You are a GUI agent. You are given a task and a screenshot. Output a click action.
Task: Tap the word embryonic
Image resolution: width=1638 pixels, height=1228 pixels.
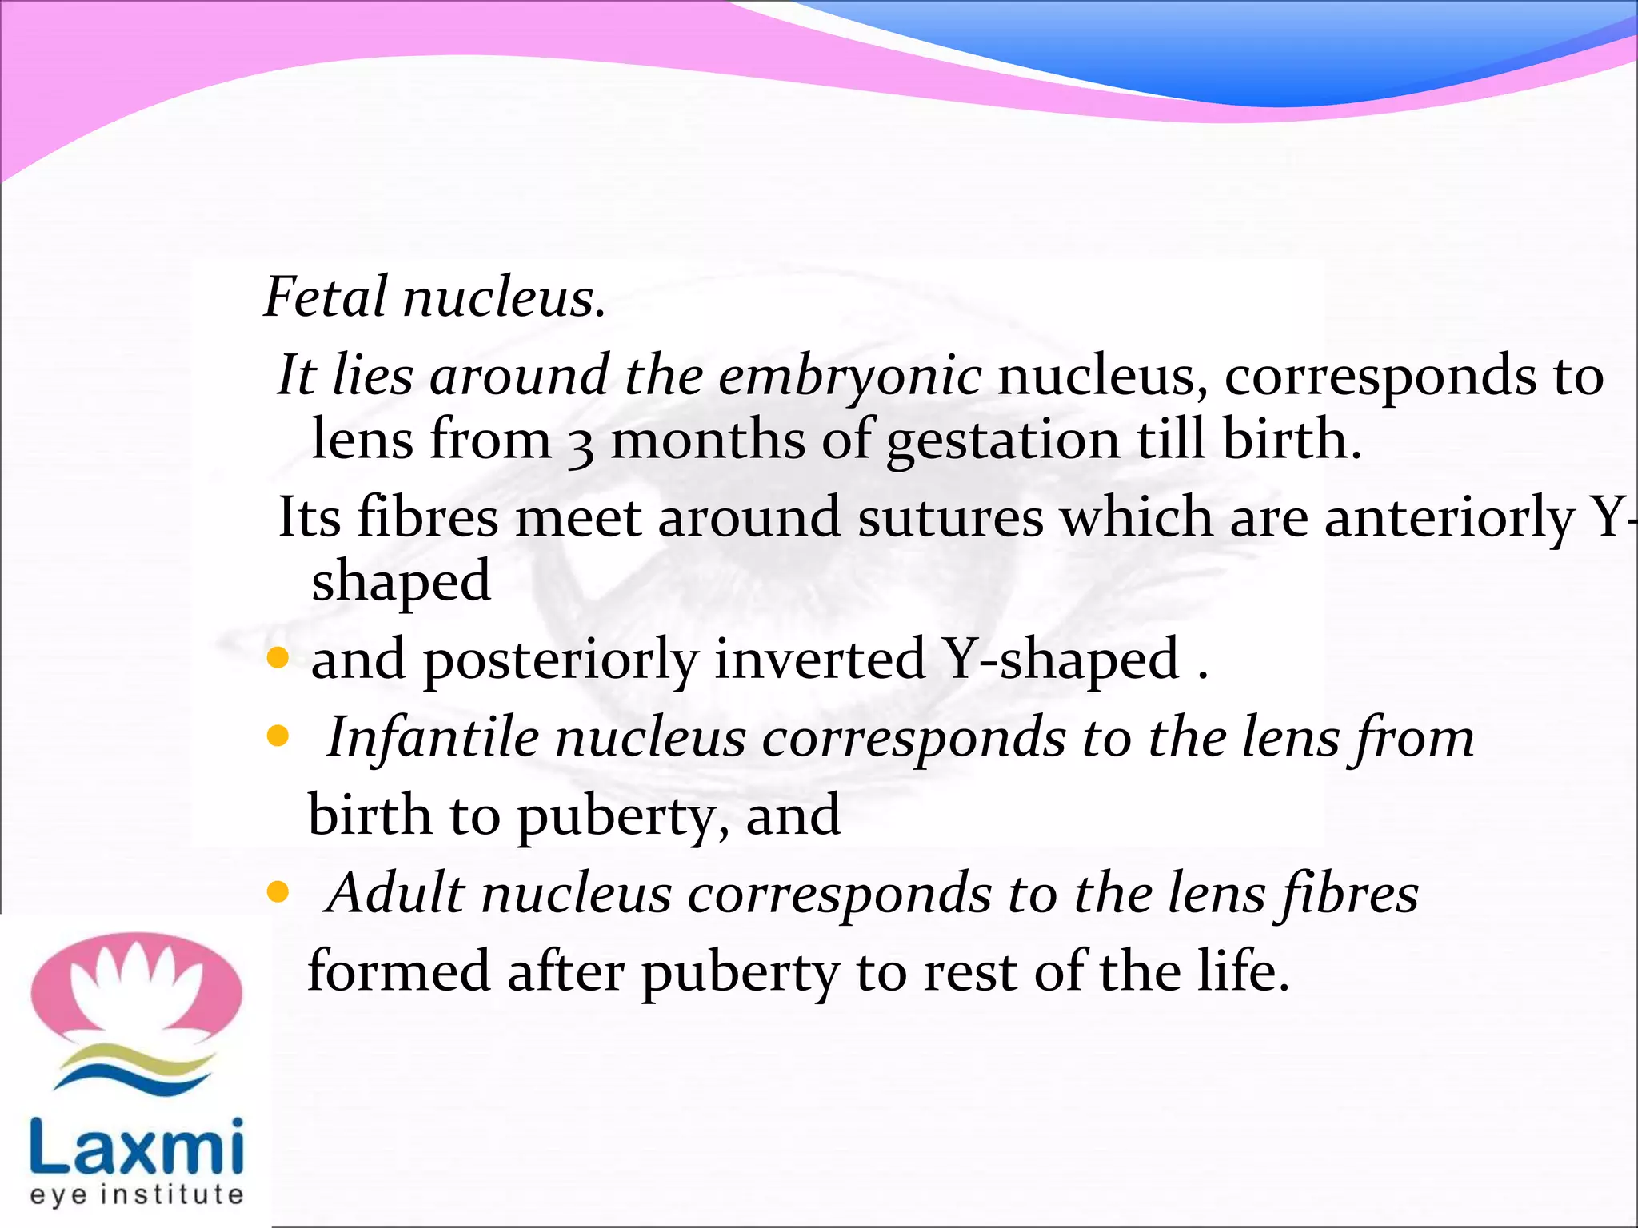(x=849, y=376)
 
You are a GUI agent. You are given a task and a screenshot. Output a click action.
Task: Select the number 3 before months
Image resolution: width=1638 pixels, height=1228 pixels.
(x=581, y=445)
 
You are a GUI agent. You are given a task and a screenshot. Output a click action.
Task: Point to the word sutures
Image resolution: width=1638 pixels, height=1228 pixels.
(x=950, y=517)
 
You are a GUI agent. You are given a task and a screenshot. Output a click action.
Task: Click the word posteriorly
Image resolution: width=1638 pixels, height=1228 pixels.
(x=561, y=661)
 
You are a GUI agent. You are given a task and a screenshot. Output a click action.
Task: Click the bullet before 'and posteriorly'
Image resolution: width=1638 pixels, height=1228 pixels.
(x=278, y=659)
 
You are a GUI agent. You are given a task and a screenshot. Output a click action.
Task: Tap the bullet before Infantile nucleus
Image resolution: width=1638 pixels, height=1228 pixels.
(x=278, y=736)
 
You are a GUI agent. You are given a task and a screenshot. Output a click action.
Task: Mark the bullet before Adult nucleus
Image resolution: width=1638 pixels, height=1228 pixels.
(x=278, y=892)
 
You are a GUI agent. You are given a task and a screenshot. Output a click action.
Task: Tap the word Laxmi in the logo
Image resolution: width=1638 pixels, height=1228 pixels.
(x=137, y=1147)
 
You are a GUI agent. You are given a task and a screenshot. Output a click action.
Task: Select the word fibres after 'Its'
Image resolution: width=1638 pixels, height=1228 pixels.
(x=428, y=517)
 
